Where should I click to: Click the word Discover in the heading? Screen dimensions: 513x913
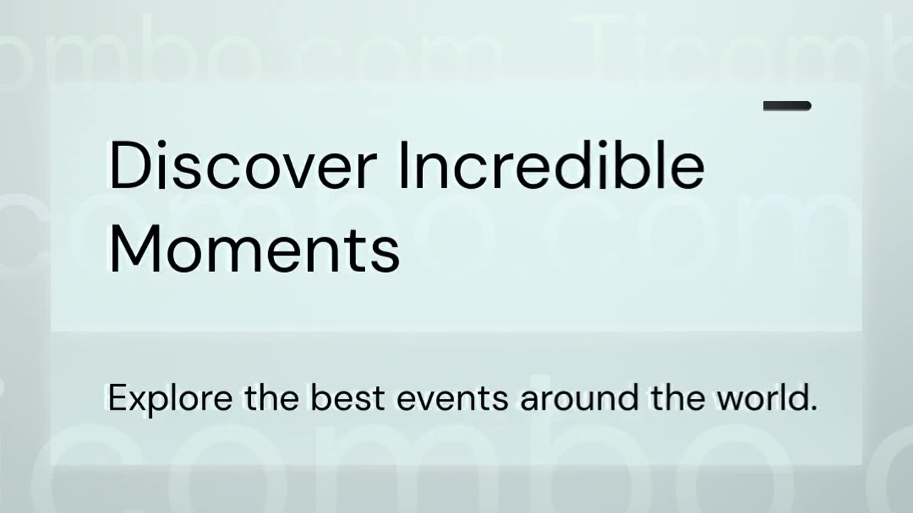click(242, 166)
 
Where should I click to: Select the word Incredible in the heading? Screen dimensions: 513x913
click(551, 166)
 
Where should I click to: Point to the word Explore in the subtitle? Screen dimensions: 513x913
click(170, 398)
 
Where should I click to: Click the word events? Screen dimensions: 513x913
click(452, 398)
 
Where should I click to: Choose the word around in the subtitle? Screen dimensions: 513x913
click(579, 398)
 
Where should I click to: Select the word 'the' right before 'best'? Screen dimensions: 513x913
click(272, 398)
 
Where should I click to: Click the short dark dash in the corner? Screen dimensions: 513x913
click(787, 106)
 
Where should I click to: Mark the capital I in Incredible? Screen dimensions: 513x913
click(402, 166)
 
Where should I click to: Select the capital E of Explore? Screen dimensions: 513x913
click(116, 398)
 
